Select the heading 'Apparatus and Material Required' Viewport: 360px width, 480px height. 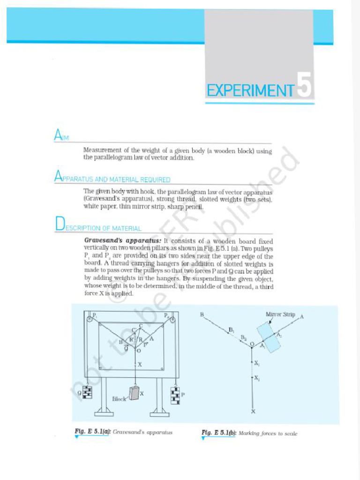click(112, 179)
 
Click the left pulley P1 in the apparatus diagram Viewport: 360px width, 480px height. click(89, 320)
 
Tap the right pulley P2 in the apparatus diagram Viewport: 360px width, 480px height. click(172, 321)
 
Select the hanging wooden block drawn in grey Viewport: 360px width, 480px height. click(135, 393)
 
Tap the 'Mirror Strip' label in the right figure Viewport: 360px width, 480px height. click(280, 315)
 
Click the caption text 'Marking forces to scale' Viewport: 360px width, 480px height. click(268, 434)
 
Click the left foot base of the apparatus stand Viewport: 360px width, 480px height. click(104, 413)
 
